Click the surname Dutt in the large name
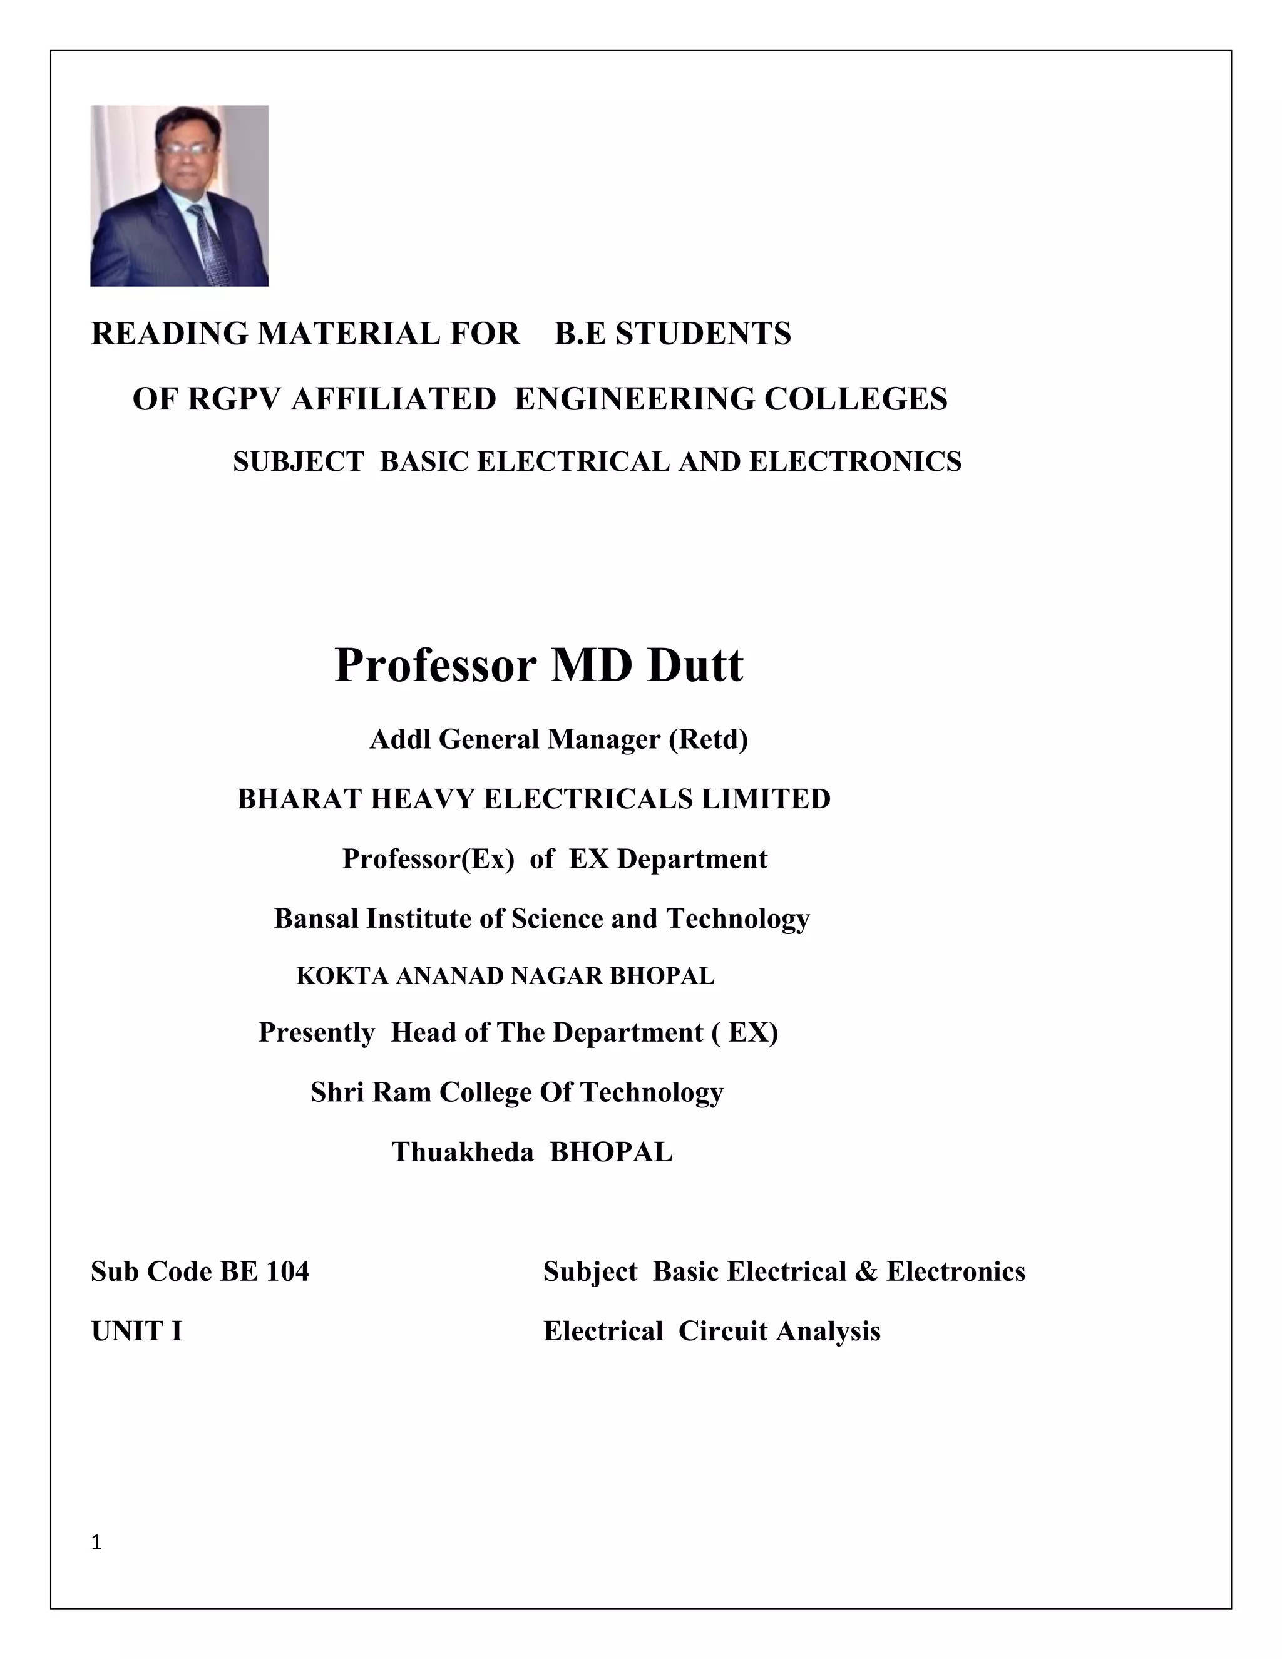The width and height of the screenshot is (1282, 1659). coord(695,665)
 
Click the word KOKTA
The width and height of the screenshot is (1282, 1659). coord(342,976)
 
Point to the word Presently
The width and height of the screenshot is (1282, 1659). coord(316,1032)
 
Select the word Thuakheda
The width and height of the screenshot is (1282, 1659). coord(463,1153)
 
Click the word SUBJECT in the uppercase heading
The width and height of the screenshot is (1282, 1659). coord(299,462)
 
